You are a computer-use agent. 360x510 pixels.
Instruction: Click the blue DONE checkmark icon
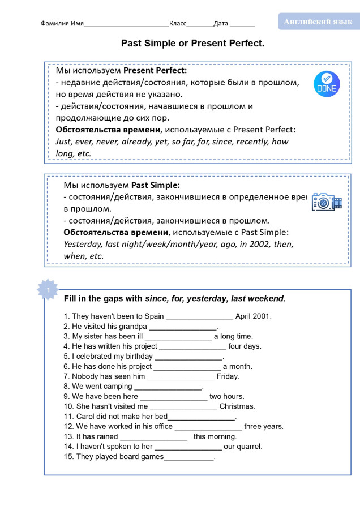(x=327, y=84)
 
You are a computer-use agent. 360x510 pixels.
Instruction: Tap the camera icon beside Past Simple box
(x=327, y=202)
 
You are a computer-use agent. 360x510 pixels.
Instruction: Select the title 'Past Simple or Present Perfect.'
(x=192, y=43)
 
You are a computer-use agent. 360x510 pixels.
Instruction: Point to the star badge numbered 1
(x=48, y=290)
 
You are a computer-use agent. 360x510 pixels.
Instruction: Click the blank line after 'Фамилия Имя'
(x=126, y=24)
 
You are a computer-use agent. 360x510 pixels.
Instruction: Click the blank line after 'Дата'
(x=242, y=24)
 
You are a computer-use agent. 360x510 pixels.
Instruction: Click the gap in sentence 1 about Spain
(x=199, y=317)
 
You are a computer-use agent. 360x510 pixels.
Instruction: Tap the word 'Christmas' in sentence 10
(x=237, y=406)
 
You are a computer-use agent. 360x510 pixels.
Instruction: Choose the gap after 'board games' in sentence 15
(x=189, y=457)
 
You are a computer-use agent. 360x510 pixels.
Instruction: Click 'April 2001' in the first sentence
(x=254, y=316)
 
